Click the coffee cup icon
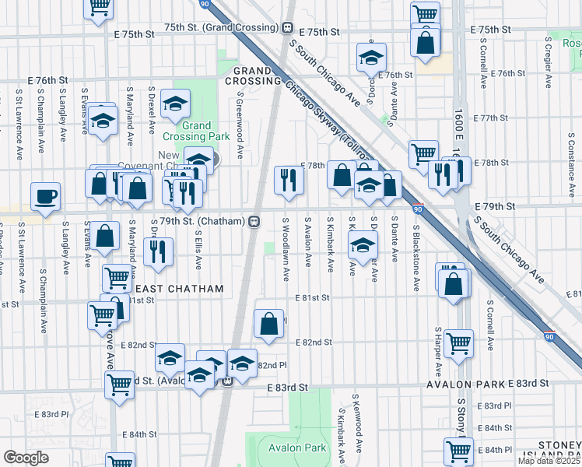(45, 196)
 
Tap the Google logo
(26, 458)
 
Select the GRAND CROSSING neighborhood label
(253, 74)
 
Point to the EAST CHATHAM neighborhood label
(179, 289)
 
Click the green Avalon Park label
(297, 448)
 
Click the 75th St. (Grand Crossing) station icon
(288, 27)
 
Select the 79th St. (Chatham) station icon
(254, 222)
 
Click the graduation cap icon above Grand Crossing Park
(176, 103)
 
